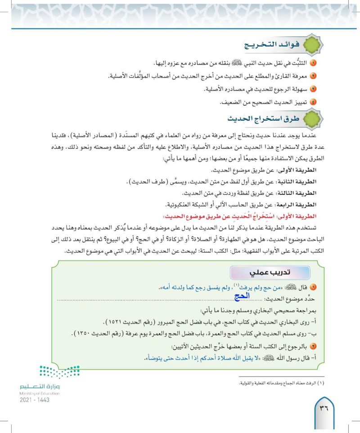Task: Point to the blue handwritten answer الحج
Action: [242, 296]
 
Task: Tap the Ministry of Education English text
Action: [40, 393]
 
